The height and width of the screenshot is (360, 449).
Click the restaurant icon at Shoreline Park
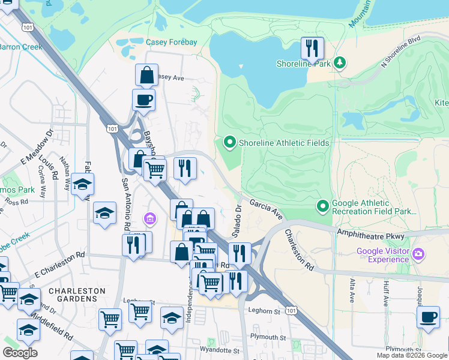click(x=312, y=48)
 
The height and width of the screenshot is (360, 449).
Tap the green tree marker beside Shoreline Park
click(x=340, y=63)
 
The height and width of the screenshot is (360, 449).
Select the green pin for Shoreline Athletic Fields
click(x=229, y=143)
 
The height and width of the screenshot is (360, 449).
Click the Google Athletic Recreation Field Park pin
click(x=323, y=206)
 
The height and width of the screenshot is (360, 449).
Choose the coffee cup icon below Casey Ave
click(x=144, y=100)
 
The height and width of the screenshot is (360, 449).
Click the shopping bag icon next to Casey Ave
click(x=146, y=76)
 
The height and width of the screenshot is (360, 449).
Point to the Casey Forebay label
click(x=172, y=42)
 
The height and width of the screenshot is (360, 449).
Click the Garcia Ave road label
click(x=266, y=209)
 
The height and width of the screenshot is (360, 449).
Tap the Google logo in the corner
click(x=20, y=353)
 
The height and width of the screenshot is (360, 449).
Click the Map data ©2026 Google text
click(x=411, y=355)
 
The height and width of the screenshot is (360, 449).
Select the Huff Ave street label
click(x=383, y=288)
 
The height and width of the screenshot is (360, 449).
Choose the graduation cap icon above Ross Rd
click(x=82, y=184)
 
